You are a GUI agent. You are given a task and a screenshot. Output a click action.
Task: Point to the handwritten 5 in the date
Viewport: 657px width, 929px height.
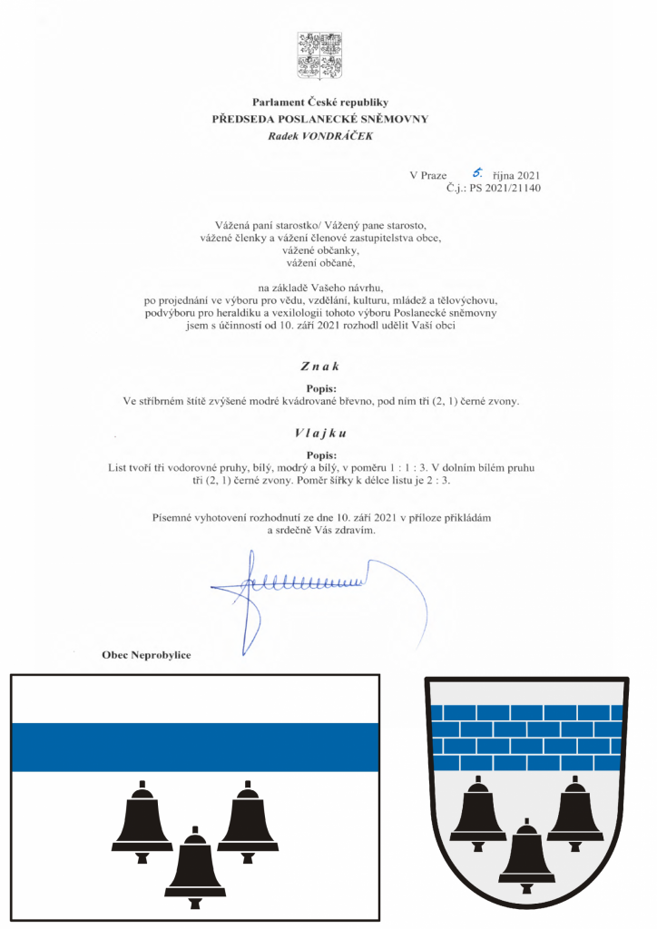click(475, 171)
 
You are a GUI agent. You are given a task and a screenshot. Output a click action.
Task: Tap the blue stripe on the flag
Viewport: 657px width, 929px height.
click(193, 748)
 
